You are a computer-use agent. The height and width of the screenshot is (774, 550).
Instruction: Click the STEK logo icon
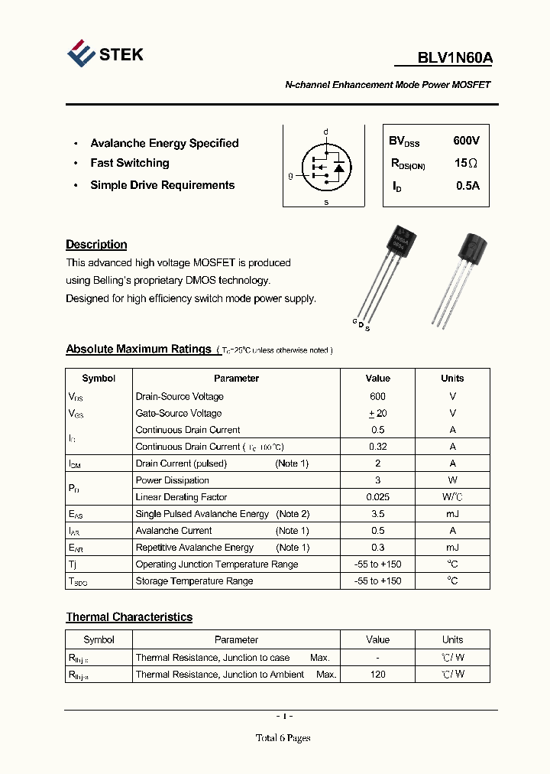click(x=81, y=53)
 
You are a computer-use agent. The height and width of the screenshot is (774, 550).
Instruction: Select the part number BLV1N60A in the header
click(x=455, y=58)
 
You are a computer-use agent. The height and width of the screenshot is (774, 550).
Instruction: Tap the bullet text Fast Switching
click(x=130, y=163)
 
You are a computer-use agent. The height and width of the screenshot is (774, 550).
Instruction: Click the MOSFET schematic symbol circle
click(x=326, y=166)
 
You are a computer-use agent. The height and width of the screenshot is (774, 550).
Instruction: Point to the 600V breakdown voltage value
click(x=466, y=141)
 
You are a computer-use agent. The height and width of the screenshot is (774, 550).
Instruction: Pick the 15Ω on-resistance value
click(x=466, y=163)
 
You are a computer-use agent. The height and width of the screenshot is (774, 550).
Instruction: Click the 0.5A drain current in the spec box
click(x=467, y=186)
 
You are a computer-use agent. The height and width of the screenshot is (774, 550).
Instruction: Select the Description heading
click(x=96, y=245)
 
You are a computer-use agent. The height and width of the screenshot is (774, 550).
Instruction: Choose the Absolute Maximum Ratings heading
click(x=138, y=349)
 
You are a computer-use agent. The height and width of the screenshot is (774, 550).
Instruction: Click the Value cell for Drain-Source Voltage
click(x=377, y=396)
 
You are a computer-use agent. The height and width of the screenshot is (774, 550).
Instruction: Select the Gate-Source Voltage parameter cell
click(x=180, y=413)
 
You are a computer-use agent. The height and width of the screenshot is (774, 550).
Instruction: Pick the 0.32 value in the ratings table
click(x=377, y=447)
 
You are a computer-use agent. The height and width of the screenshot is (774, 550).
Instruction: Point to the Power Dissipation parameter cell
click(x=172, y=480)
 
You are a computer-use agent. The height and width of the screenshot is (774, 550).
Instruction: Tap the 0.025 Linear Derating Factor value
click(x=377, y=497)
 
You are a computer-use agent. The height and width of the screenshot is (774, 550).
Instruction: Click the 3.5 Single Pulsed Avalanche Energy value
click(x=377, y=514)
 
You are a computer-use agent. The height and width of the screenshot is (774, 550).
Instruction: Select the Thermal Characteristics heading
click(x=129, y=617)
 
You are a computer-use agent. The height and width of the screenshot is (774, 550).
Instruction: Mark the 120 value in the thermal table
click(x=377, y=675)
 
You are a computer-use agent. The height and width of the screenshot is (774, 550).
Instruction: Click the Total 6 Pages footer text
click(x=283, y=738)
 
